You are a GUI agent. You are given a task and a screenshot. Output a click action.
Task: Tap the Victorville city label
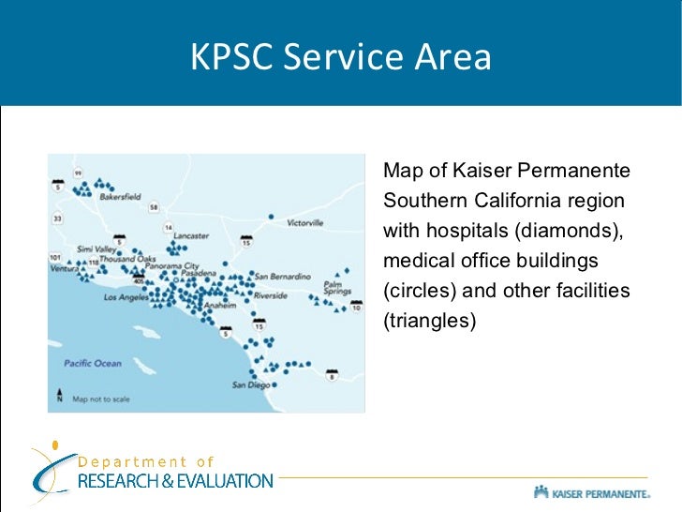304,223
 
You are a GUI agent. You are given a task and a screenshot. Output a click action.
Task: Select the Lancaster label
191,235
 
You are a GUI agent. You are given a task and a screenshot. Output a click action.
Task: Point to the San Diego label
250,384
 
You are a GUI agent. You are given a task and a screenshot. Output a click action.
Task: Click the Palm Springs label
336,287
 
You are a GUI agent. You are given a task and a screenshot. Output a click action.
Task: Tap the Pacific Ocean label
93,363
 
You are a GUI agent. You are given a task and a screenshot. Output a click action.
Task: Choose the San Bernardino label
283,276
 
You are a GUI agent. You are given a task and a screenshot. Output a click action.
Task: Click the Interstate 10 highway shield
357,306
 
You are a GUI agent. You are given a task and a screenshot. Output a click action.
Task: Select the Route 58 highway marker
153,206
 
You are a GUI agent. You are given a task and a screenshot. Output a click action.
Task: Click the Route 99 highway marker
79,173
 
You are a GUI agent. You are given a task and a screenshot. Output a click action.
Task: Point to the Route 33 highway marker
57,218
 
